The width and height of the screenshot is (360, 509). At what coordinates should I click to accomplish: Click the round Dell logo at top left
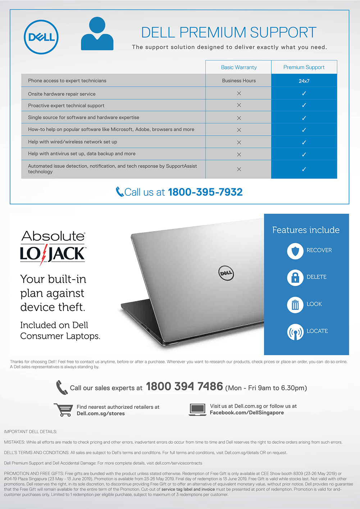(x=41, y=37)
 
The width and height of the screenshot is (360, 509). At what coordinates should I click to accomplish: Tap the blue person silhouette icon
(x=97, y=35)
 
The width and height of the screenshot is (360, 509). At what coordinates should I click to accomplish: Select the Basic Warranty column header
(x=239, y=67)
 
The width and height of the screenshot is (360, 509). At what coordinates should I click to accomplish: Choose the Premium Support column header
(x=304, y=67)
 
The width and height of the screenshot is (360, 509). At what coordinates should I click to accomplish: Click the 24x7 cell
(x=304, y=81)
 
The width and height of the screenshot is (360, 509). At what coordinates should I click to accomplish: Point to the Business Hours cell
(x=239, y=81)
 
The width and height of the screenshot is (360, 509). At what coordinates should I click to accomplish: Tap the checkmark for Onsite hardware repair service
(x=304, y=94)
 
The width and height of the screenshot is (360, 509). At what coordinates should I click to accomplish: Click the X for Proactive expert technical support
(x=239, y=105)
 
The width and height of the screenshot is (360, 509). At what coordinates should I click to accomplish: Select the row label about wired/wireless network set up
(x=73, y=142)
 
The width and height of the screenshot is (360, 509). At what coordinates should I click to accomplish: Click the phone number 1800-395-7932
(x=205, y=192)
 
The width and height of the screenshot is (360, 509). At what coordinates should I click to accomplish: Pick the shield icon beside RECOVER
(x=295, y=251)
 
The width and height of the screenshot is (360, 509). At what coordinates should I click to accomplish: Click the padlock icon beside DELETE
(x=295, y=278)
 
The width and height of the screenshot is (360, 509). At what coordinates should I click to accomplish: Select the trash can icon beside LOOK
(x=295, y=305)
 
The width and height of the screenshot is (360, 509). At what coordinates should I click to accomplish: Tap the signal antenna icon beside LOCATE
(x=295, y=332)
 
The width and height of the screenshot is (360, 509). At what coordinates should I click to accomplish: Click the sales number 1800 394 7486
(x=184, y=387)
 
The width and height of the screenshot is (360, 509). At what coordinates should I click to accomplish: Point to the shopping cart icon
(x=63, y=410)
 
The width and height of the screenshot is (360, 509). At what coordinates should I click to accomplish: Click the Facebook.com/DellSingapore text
(x=247, y=413)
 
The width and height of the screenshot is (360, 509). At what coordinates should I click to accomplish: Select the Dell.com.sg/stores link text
(x=101, y=414)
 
